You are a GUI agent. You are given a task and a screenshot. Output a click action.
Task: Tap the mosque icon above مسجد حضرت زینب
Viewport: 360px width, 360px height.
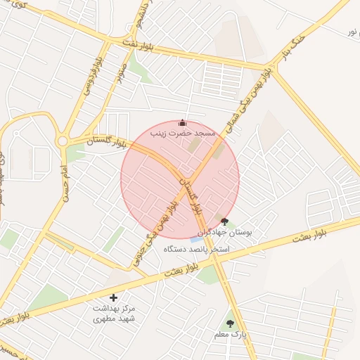(182, 122)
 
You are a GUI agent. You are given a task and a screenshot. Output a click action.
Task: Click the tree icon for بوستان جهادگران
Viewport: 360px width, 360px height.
(224, 221)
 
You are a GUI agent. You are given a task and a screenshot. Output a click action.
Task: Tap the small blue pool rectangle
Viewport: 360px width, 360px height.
(194, 238)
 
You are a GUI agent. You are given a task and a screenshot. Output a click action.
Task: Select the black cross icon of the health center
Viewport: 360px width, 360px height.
(114, 298)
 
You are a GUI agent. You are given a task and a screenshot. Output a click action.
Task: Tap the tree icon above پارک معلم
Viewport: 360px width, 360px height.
(229, 323)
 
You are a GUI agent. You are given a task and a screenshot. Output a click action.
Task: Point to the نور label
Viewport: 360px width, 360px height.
(352, 32)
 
